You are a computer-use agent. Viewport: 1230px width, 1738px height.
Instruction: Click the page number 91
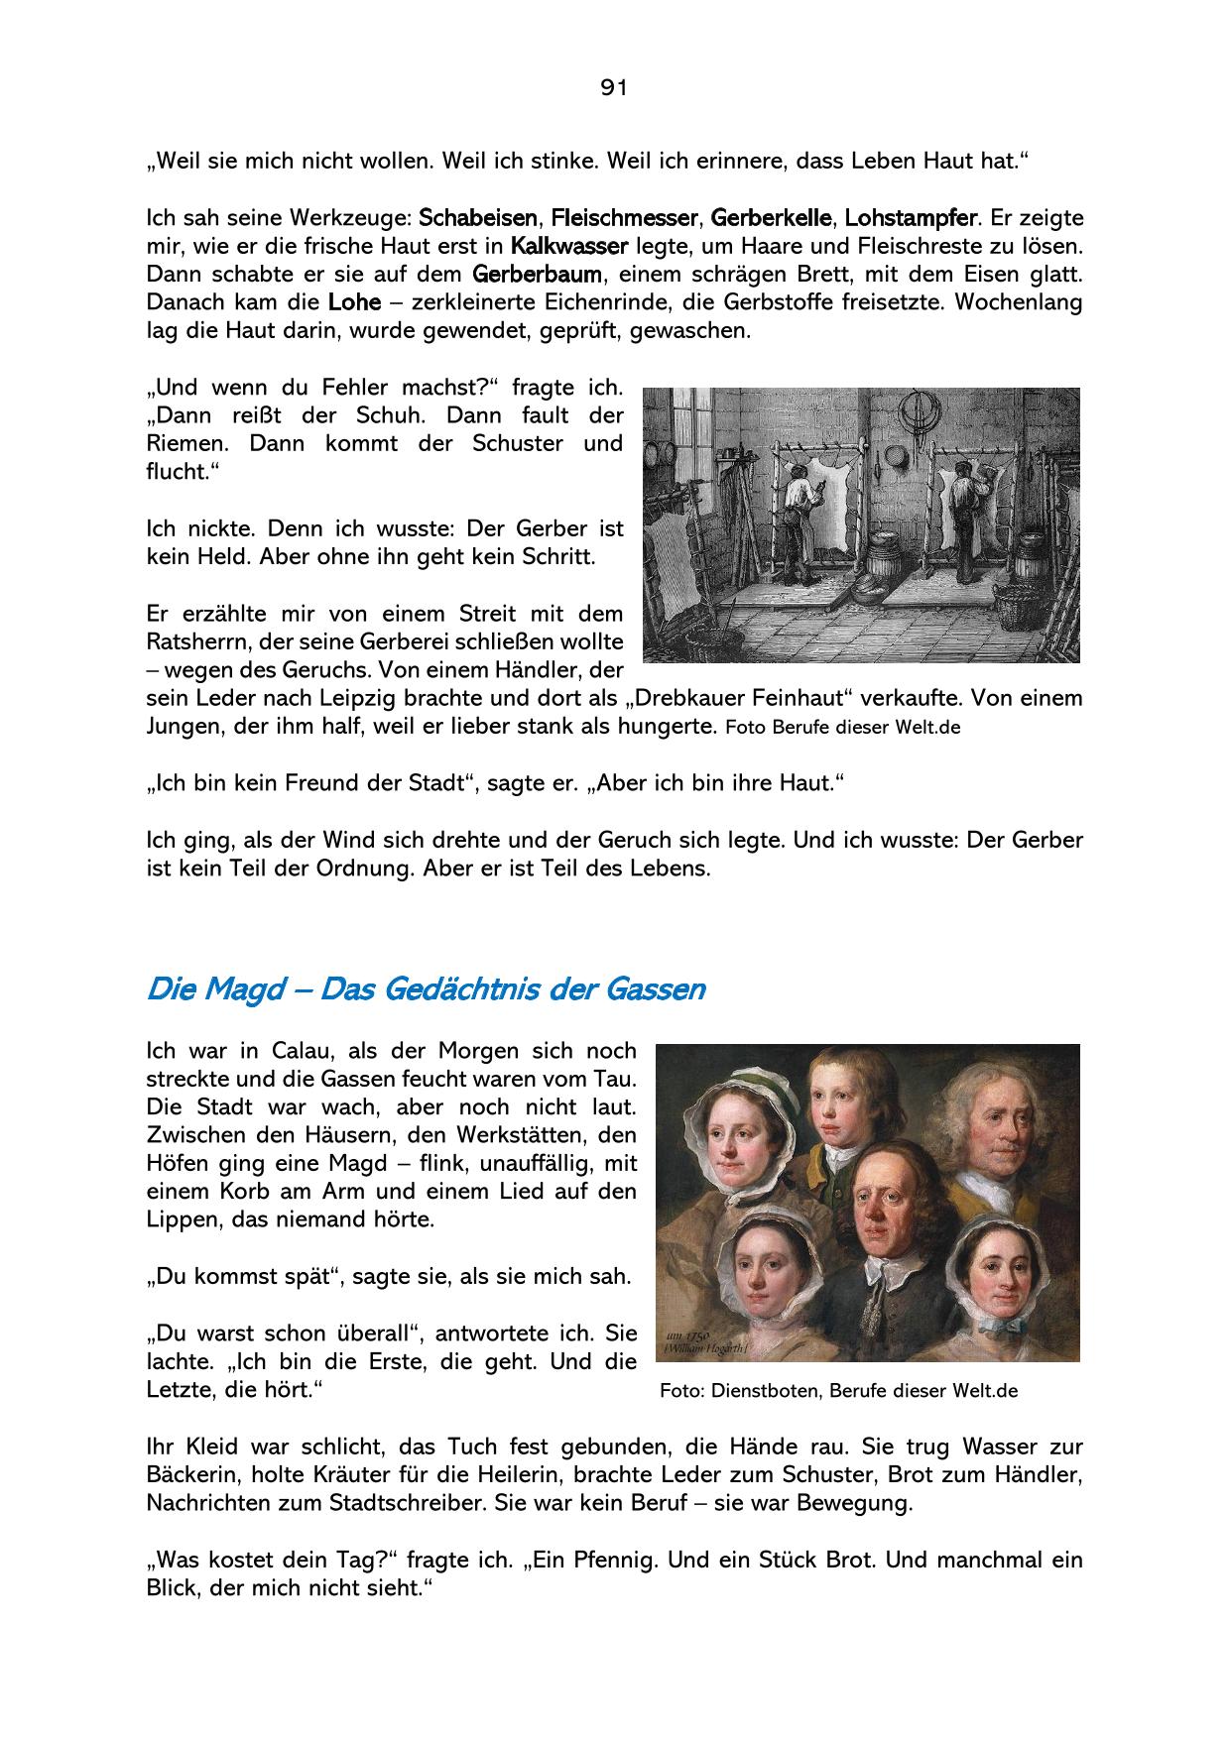614,88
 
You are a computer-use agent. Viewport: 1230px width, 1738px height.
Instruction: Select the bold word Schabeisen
478,217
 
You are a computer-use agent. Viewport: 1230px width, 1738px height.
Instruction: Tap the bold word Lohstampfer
911,217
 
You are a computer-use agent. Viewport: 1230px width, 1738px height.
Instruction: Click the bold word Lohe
354,301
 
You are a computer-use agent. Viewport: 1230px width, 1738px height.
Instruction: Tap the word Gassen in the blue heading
659,989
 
